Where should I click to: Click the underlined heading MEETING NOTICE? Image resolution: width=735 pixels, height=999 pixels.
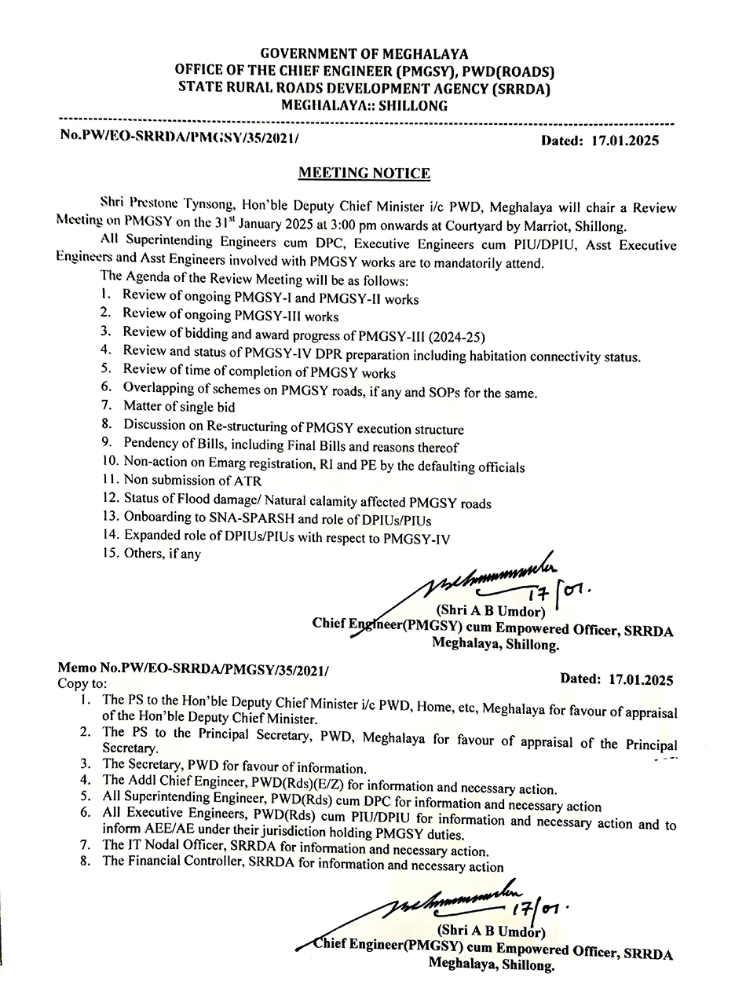click(x=363, y=174)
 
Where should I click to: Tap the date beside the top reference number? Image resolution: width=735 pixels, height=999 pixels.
click(x=601, y=141)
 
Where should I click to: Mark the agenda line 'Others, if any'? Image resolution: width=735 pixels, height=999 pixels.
click(x=162, y=554)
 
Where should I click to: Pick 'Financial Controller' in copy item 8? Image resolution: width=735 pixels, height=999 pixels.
click(x=188, y=866)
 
